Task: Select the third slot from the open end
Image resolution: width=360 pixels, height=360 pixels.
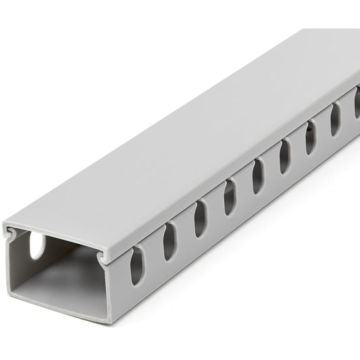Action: [x=200, y=220]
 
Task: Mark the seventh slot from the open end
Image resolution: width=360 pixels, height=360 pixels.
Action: [x=310, y=140]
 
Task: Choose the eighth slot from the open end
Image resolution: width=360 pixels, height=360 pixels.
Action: [x=334, y=123]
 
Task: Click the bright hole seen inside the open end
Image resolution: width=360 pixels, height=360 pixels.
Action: [x=34, y=246]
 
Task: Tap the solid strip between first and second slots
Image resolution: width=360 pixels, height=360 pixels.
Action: [x=153, y=253]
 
